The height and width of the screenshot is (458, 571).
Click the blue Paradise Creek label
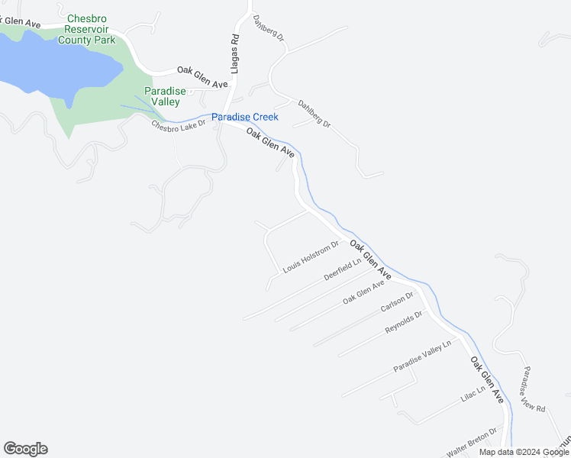coord(244,117)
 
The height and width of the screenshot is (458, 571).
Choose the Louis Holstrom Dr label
coord(310,257)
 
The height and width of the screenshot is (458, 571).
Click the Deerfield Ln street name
coord(342,269)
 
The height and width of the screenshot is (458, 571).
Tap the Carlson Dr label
coord(396,302)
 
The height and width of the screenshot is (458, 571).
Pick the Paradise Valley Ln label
coord(422,356)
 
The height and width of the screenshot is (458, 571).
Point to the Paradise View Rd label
coord(534,389)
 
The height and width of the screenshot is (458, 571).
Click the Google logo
coord(25,449)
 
